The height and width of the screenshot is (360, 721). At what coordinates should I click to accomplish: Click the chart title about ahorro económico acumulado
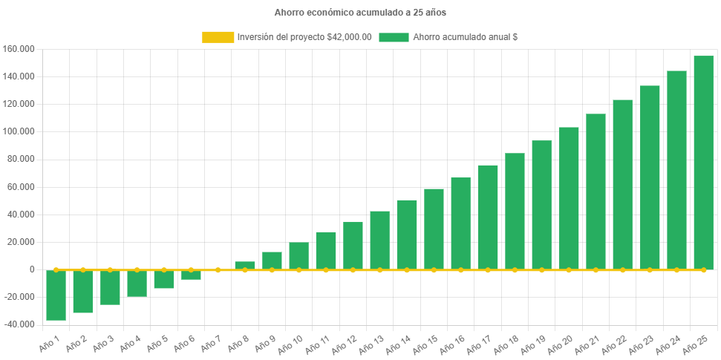[360, 13]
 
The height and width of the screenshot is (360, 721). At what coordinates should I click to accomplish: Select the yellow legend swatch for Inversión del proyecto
[218, 37]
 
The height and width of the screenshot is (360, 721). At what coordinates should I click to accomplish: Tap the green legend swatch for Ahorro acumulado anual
[394, 37]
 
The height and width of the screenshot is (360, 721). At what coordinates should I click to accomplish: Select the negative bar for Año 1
[56, 295]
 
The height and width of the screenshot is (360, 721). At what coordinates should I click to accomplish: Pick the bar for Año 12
[353, 246]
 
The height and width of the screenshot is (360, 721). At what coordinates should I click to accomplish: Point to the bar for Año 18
[515, 212]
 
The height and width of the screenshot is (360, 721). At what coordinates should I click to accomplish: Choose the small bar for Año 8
[245, 265]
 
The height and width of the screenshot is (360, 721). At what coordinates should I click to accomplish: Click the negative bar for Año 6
[191, 275]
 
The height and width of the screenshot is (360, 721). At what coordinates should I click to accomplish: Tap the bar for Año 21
[596, 192]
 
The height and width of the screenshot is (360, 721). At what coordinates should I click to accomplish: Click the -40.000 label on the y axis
[19, 324]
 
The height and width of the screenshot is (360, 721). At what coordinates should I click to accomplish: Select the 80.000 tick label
[22, 159]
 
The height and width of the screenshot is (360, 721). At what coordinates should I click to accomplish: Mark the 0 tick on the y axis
[33, 269]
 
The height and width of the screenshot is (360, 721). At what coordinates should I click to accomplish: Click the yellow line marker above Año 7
[218, 269]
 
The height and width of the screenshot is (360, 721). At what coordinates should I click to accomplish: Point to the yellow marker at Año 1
[56, 269]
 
